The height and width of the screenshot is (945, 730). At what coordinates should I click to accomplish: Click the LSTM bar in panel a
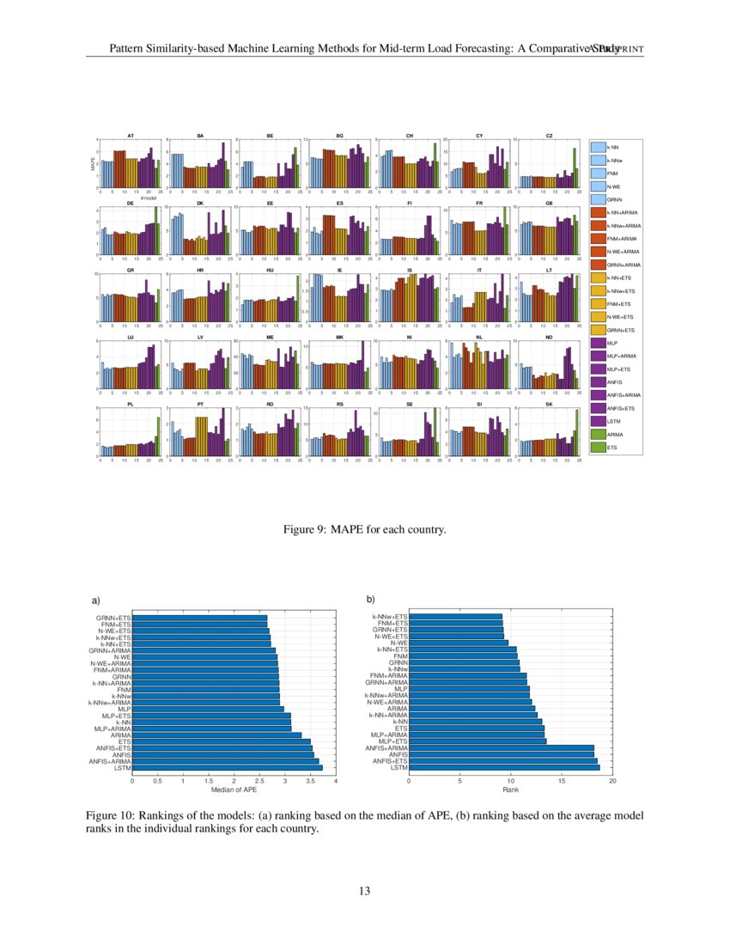click(228, 767)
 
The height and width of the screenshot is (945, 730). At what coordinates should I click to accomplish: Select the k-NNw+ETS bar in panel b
click(455, 617)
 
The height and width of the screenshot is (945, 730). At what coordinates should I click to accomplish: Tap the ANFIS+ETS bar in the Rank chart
click(502, 761)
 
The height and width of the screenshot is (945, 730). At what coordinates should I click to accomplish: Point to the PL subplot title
click(131, 404)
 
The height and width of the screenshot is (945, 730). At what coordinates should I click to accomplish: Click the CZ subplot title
click(549, 136)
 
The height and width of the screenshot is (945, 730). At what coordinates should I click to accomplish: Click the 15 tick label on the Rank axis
click(562, 780)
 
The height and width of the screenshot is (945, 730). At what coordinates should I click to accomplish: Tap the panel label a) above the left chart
click(96, 599)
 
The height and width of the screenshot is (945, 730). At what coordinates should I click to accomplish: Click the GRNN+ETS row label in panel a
click(113, 617)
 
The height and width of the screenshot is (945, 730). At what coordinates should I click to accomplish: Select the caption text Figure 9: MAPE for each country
click(365, 531)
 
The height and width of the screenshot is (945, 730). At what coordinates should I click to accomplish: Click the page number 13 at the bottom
click(365, 889)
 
